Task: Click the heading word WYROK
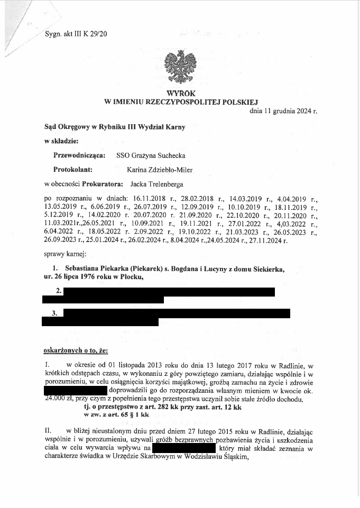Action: [180, 93]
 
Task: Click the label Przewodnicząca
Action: [79, 155]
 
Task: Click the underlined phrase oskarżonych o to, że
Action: [75, 350]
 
